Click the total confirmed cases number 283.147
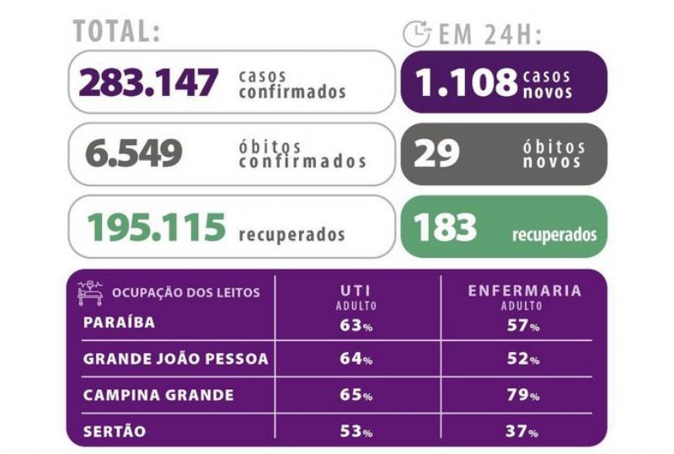click(x=148, y=82)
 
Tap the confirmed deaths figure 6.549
click(x=134, y=152)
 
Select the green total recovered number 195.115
click(x=157, y=227)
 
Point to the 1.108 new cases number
click(x=467, y=82)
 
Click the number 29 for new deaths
click(x=436, y=153)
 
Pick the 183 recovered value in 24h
click(x=445, y=227)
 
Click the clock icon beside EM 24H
click(x=416, y=33)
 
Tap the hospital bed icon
click(x=91, y=293)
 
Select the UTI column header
click(x=356, y=291)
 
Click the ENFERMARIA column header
click(x=525, y=291)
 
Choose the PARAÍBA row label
click(x=119, y=322)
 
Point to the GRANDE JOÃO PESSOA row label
click(x=176, y=359)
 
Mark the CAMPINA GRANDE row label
click(x=158, y=395)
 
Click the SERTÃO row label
click(x=115, y=431)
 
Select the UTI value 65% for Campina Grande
click(x=356, y=395)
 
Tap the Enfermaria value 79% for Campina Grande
click(x=523, y=395)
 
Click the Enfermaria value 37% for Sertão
click(x=522, y=430)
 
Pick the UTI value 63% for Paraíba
click(x=356, y=325)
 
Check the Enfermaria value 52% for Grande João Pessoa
click(x=523, y=359)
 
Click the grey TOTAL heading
click(x=116, y=31)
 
